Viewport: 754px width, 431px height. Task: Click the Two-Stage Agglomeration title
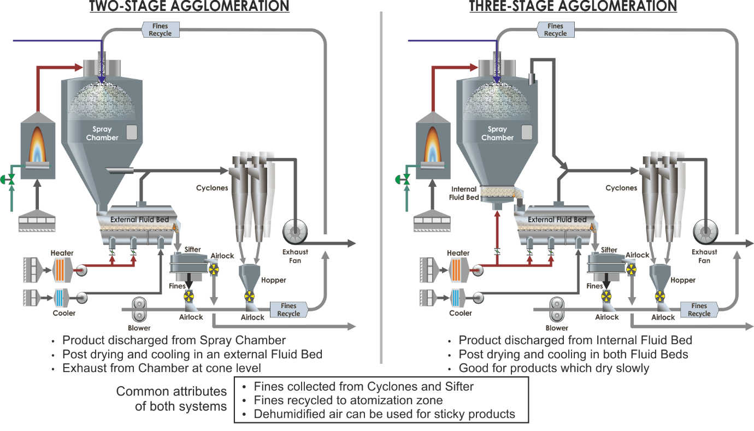pyautogui.click(x=188, y=6)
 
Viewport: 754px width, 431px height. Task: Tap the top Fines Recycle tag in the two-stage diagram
pyautogui.click(x=160, y=29)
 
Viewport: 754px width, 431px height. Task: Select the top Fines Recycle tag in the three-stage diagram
pyautogui.click(x=555, y=29)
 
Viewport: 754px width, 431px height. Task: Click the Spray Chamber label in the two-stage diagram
pyautogui.click(x=102, y=133)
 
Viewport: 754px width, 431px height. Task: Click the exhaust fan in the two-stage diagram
pyautogui.click(x=296, y=232)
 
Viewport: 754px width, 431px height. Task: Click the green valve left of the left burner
pyautogui.click(x=9, y=179)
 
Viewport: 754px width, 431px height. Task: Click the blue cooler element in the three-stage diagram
pyautogui.click(x=456, y=299)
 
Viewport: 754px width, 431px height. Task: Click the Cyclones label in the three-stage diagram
pyautogui.click(x=621, y=188)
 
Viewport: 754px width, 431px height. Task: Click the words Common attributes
pyautogui.click(x=171, y=391)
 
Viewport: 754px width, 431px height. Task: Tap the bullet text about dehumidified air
pyautogui.click(x=384, y=414)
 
